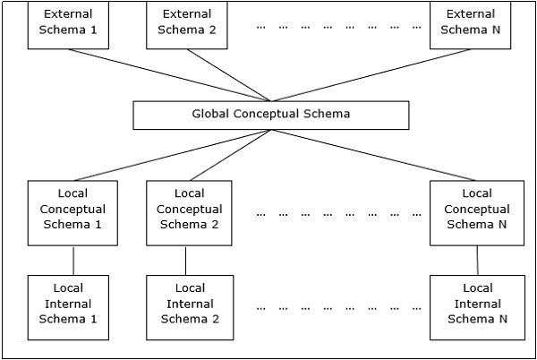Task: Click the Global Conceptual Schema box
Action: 270,115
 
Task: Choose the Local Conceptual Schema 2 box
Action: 189,213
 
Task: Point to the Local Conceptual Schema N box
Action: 475,213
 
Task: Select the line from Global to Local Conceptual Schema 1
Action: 170,155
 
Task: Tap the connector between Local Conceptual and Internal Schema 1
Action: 73,261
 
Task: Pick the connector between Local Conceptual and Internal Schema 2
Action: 185,261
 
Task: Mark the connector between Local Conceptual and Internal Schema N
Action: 477,261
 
